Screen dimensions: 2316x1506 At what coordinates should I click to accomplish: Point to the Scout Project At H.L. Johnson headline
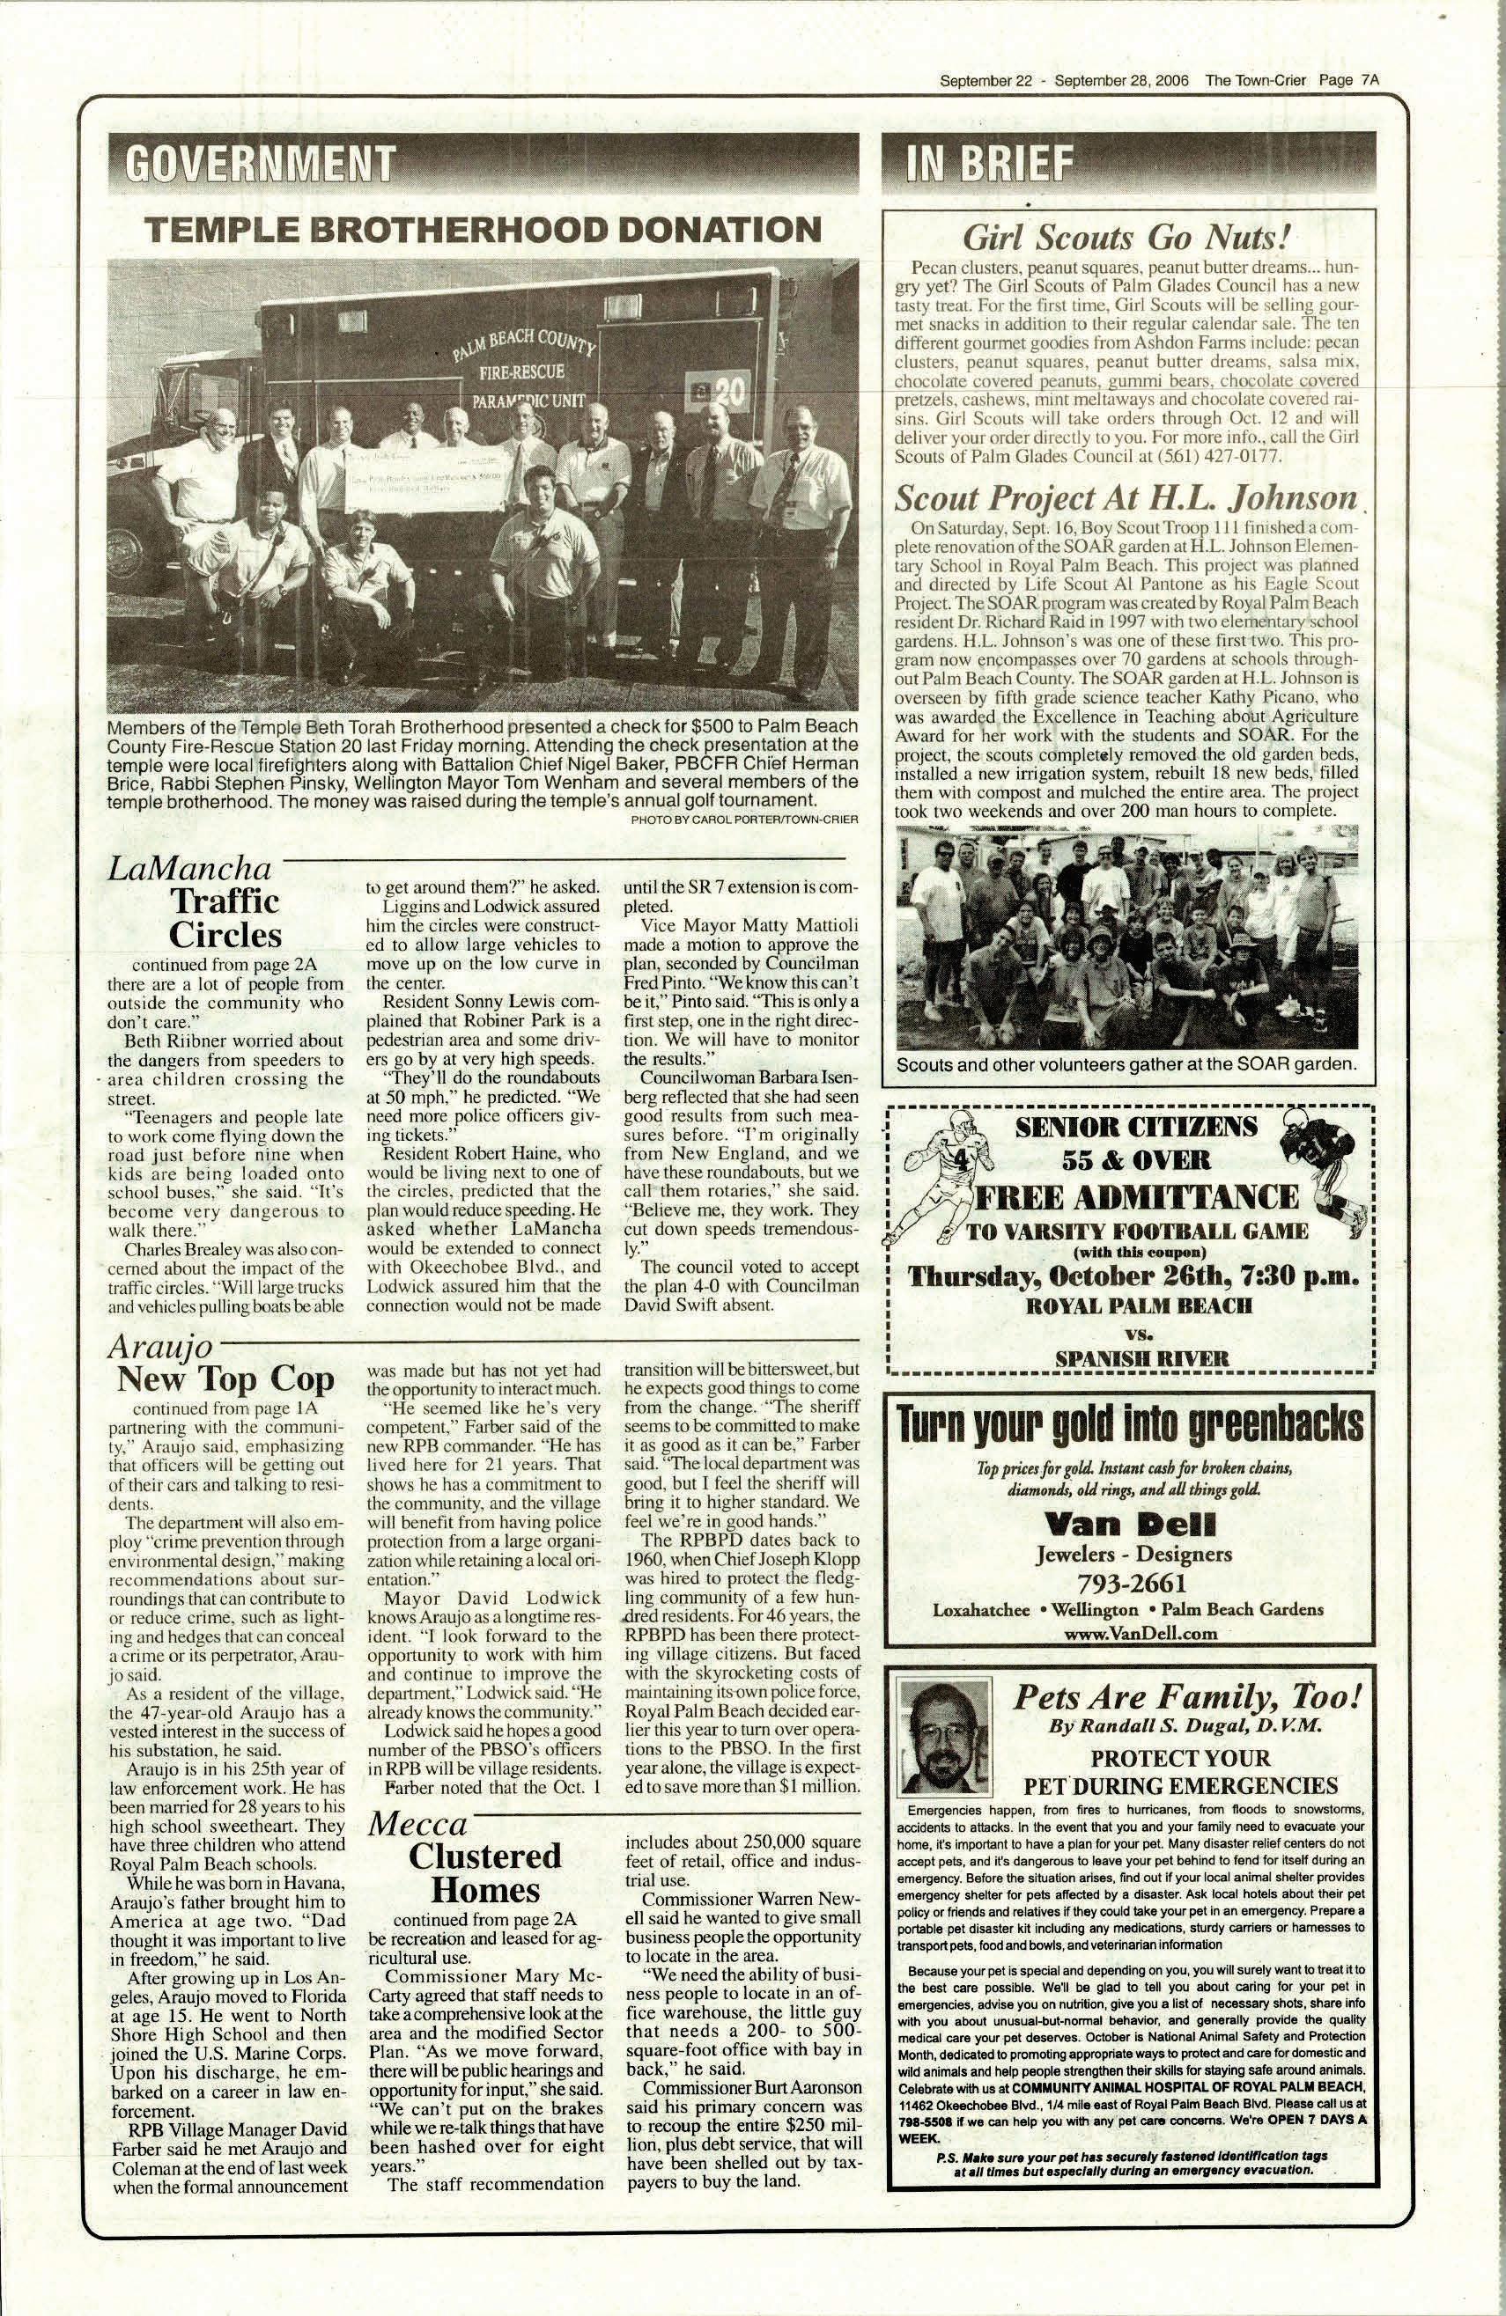[1126, 498]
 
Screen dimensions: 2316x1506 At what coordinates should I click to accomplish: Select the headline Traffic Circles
[224, 917]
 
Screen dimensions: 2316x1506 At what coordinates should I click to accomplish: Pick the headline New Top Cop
[225, 1379]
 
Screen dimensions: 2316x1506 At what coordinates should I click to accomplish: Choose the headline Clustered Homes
[484, 1872]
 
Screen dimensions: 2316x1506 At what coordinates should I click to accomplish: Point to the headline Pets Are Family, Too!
[1185, 1697]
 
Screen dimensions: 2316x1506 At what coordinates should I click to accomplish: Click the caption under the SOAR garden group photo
[1126, 1063]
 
